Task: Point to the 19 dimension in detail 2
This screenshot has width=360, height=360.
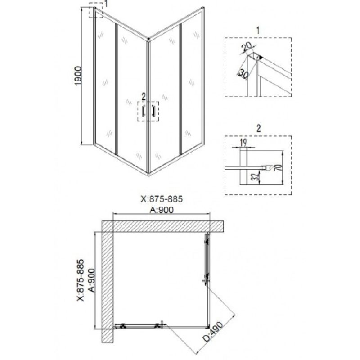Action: (243, 143)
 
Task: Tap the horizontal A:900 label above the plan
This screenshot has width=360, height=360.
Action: (162, 210)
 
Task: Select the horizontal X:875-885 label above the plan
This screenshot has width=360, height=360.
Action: (162, 199)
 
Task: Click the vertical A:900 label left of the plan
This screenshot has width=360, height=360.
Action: (92, 280)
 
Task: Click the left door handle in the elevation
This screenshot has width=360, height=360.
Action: (144, 111)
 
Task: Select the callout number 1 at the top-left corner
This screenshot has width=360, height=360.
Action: (106, 4)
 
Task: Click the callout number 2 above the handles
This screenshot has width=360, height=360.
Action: (144, 97)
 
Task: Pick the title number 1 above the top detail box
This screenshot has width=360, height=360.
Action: (258, 30)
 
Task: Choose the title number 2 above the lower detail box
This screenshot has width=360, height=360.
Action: (258, 128)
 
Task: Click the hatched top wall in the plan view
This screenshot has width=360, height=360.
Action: (163, 226)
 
